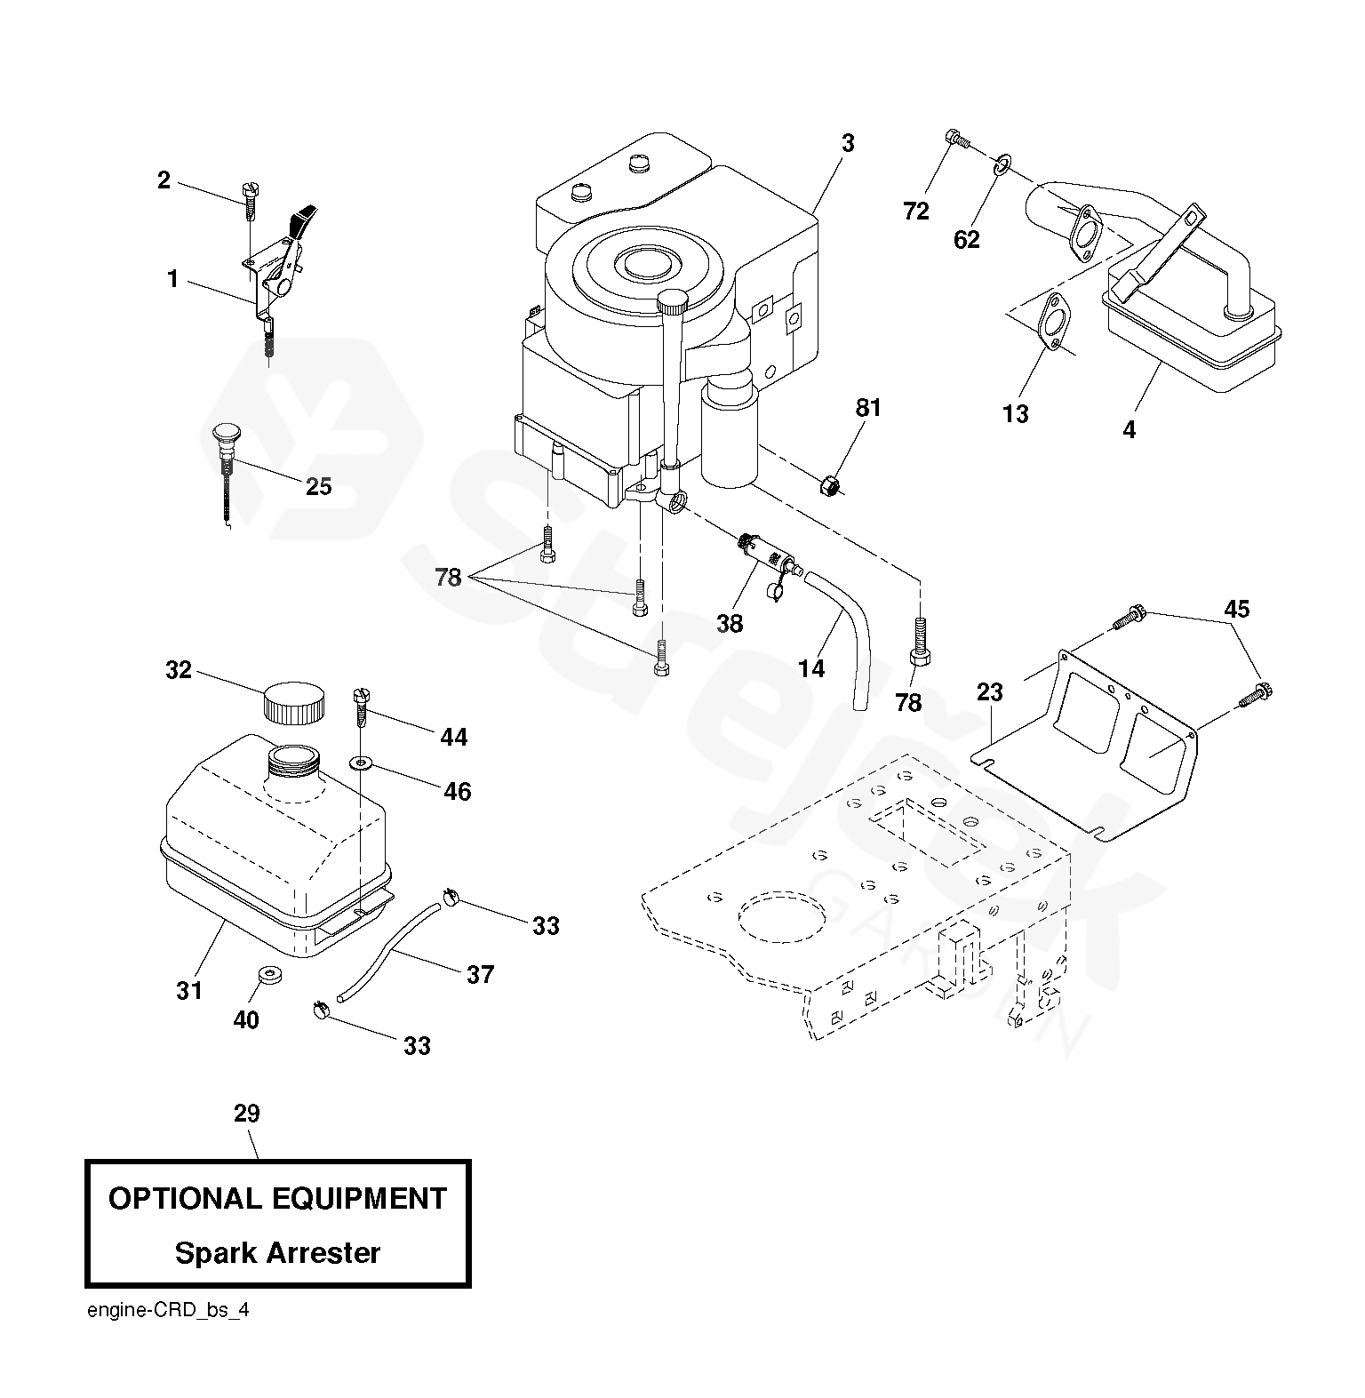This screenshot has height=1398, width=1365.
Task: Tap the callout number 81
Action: tap(868, 408)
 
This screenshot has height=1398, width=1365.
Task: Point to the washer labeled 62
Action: tap(1002, 164)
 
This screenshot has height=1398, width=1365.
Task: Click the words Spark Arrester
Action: tap(277, 1252)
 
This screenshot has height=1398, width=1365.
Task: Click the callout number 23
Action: tap(989, 691)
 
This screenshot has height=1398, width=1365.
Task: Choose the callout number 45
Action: tap(1236, 609)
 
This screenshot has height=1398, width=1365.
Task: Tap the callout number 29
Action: tap(247, 1113)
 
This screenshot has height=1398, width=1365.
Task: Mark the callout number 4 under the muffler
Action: tap(1129, 429)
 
